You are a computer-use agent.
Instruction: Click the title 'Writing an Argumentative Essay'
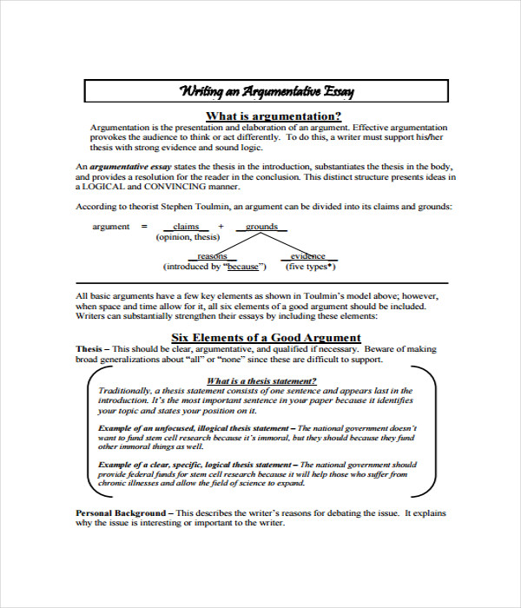[267, 91]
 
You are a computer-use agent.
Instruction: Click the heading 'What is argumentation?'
[273, 116]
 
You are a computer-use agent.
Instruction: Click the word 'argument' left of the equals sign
[111, 227]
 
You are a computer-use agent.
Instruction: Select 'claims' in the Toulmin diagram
[187, 227]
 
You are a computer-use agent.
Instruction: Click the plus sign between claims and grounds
[221, 227]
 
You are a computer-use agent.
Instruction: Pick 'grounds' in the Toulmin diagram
[261, 227]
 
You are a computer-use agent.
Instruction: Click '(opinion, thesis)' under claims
[188, 237]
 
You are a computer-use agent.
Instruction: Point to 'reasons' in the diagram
[212, 256]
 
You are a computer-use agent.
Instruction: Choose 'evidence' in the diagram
[308, 256]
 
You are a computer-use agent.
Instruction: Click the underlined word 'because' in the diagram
[243, 267]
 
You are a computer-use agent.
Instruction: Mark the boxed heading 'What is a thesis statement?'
[261, 380]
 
